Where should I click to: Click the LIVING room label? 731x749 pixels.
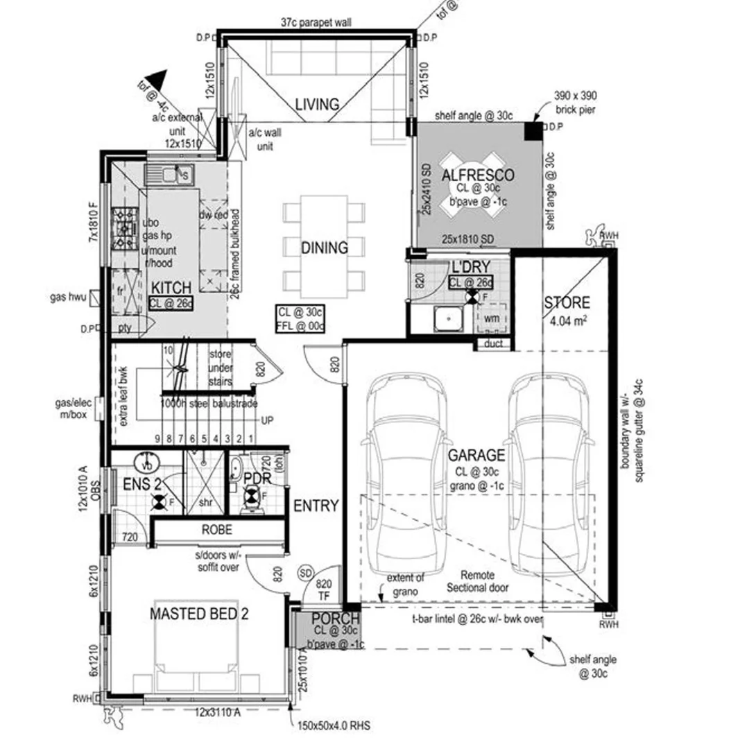[x=317, y=104]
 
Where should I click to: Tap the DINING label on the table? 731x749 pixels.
[x=324, y=247]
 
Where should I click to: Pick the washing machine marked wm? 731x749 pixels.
[x=491, y=318]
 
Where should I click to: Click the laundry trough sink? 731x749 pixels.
[x=448, y=319]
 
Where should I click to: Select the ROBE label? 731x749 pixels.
[x=216, y=529]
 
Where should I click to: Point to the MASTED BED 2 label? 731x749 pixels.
[x=199, y=614]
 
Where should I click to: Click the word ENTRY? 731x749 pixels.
[x=316, y=506]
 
